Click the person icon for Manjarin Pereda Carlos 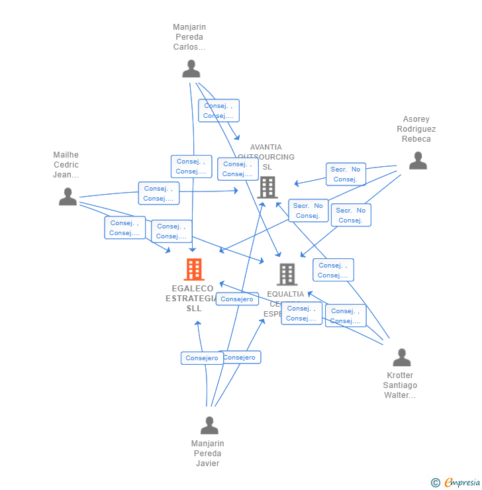pos(191,69)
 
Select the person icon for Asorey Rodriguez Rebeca pos(418,161)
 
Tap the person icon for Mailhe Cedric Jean pos(68,197)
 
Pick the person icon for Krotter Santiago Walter pos(401,358)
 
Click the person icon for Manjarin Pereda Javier pos(209,426)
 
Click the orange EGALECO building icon pos(194,269)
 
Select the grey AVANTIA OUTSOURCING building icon pos(267,187)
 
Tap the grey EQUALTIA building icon pos(287,274)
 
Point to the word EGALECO pos(193,289)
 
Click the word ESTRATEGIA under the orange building pos(191,299)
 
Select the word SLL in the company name pos(193,309)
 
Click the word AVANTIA pos(265,147)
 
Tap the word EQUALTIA pos(285,294)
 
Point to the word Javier pos(207,464)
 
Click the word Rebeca pos(416,139)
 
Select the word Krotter pos(400,375)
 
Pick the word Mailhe pos(66,155)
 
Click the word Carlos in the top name pos(189,47)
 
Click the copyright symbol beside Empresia pos(435,483)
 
